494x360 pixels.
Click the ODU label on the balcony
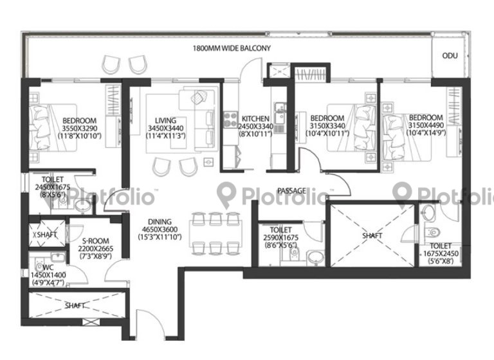point(450,56)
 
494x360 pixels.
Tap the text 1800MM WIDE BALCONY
point(232,49)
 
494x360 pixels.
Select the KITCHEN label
point(255,119)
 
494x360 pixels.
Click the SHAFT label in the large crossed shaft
point(372,236)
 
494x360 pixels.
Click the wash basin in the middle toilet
point(315,257)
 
